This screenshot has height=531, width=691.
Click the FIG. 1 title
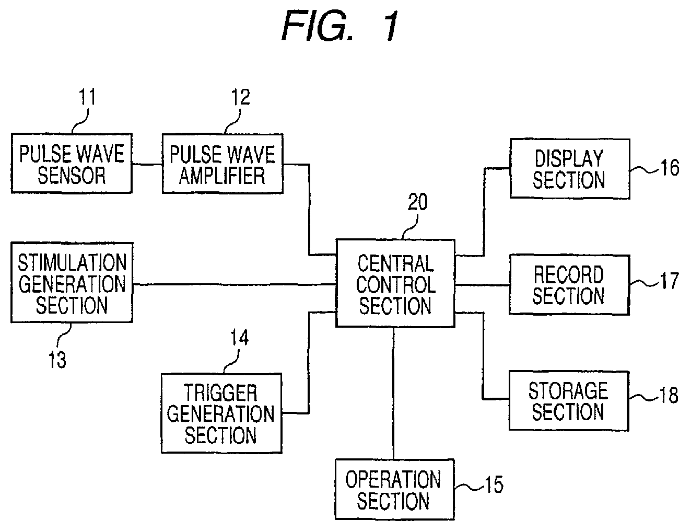coord(340,26)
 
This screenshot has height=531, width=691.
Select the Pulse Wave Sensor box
coord(72,163)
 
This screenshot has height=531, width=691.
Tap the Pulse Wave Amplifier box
coord(222,164)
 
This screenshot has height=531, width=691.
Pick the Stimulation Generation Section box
coord(72,283)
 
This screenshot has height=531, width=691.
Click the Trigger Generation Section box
coord(221,413)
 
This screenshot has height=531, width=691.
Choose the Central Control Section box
coord(395,283)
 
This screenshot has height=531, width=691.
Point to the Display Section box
coord(570,169)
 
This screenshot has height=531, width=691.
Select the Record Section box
coord(569,285)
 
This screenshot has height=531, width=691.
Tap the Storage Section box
coord(569,401)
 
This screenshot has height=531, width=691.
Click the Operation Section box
coord(395,490)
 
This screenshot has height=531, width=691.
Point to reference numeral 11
coord(87,97)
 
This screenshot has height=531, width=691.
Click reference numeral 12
coord(240,97)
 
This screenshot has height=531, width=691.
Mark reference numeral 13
coord(57,360)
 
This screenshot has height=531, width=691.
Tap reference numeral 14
coord(239,338)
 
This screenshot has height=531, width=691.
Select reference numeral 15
coord(494,484)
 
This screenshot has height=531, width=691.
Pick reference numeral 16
coord(670,168)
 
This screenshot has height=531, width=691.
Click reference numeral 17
coord(670,281)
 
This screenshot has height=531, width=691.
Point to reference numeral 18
coord(669,395)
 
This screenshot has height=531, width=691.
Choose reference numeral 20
coord(417,202)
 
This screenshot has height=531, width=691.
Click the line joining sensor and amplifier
coord(147,164)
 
